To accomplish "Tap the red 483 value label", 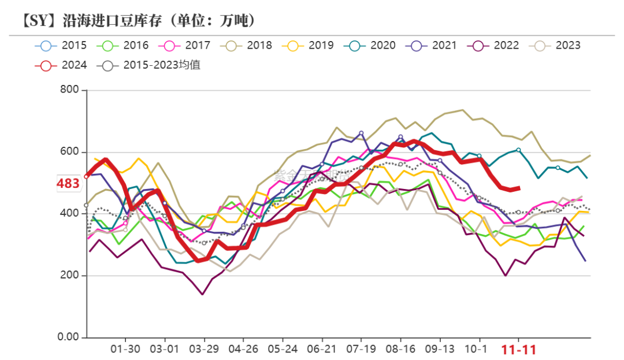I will pyautogui.click(x=68, y=184).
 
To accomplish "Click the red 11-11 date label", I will pyautogui.click(x=518, y=350).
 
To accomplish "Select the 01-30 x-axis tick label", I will pyautogui.click(x=125, y=350).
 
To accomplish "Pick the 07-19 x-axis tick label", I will pyautogui.click(x=361, y=350).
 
